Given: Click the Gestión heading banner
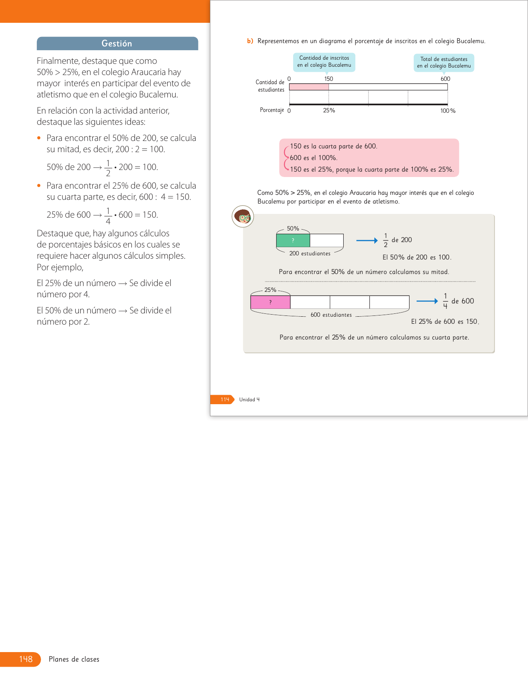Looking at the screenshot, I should (x=117, y=44).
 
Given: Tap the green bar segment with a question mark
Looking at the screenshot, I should (x=293, y=240).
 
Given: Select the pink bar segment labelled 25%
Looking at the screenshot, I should (x=270, y=302).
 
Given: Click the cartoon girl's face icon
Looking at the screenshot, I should (x=243, y=216).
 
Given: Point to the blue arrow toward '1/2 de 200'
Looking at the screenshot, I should (x=367, y=240).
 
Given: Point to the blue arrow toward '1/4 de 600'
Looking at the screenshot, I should (x=427, y=301).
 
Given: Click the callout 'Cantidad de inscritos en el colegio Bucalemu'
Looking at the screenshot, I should (x=324, y=62).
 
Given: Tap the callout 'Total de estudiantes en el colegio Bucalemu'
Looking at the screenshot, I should (x=444, y=63).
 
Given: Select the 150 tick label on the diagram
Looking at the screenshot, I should (x=328, y=79).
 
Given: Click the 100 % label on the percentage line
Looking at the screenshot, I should (x=448, y=111).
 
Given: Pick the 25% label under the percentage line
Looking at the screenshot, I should (x=329, y=110).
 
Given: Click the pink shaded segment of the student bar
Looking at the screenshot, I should (x=309, y=87).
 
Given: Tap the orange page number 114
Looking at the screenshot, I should (x=224, y=399).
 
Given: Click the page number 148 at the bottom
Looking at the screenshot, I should (x=26, y=659).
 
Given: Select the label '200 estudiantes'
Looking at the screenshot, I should (x=310, y=253).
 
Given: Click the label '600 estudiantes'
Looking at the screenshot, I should (x=331, y=315).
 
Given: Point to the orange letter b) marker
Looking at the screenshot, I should (x=250, y=41).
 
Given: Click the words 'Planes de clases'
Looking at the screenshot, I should (x=74, y=659).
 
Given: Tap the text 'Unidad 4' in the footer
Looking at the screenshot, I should (x=249, y=400).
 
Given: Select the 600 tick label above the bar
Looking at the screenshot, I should (x=445, y=79).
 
